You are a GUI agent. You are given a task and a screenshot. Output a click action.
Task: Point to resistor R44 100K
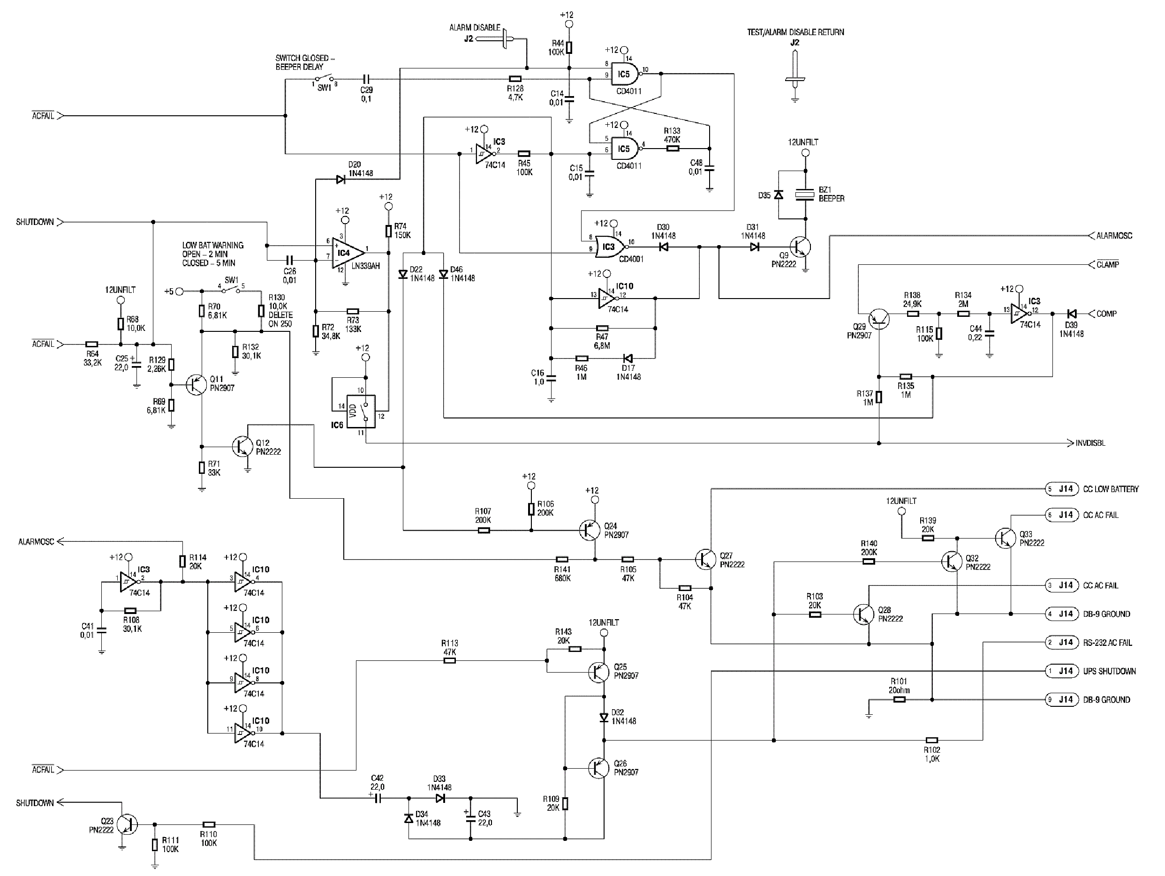(x=569, y=48)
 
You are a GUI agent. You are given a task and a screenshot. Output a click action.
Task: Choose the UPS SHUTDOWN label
(x=1109, y=671)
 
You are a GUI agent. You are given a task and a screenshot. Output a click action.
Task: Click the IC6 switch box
(x=361, y=411)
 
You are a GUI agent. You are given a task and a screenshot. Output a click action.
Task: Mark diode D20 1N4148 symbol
(x=340, y=180)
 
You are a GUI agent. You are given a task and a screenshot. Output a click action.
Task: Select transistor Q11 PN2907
(x=196, y=385)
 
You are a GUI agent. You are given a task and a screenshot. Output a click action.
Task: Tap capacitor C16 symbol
(x=551, y=378)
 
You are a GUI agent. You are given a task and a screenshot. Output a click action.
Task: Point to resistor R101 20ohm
(x=900, y=700)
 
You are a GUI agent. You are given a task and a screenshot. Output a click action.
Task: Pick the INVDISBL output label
(x=1090, y=443)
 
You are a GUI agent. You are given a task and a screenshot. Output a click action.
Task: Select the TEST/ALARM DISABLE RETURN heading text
(x=795, y=32)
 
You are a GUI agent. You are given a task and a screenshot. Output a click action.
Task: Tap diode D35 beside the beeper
(x=778, y=195)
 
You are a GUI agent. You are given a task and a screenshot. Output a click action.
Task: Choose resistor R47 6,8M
(x=602, y=328)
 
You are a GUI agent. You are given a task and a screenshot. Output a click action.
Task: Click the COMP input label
(x=1106, y=314)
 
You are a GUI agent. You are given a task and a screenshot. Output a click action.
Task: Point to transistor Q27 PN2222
(x=706, y=559)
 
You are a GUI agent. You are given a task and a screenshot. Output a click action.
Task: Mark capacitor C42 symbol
(x=377, y=798)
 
